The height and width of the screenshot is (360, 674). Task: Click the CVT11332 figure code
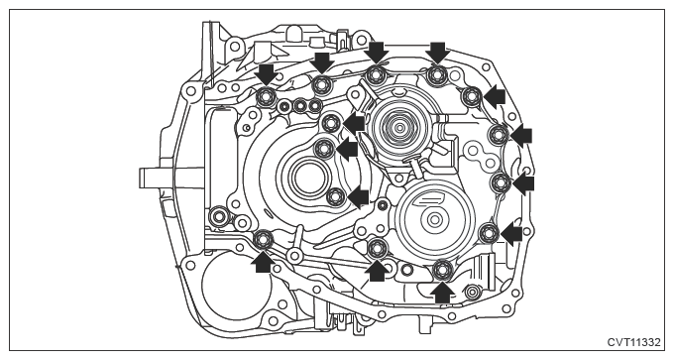[x=633, y=343]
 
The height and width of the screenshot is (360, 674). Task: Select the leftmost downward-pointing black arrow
[x=266, y=74]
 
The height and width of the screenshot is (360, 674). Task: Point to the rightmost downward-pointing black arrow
[x=438, y=52]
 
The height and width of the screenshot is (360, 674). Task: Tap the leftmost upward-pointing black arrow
[x=263, y=262]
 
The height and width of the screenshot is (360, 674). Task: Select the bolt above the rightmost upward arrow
[x=442, y=270]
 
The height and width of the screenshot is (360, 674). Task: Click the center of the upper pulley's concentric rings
[x=399, y=127]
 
